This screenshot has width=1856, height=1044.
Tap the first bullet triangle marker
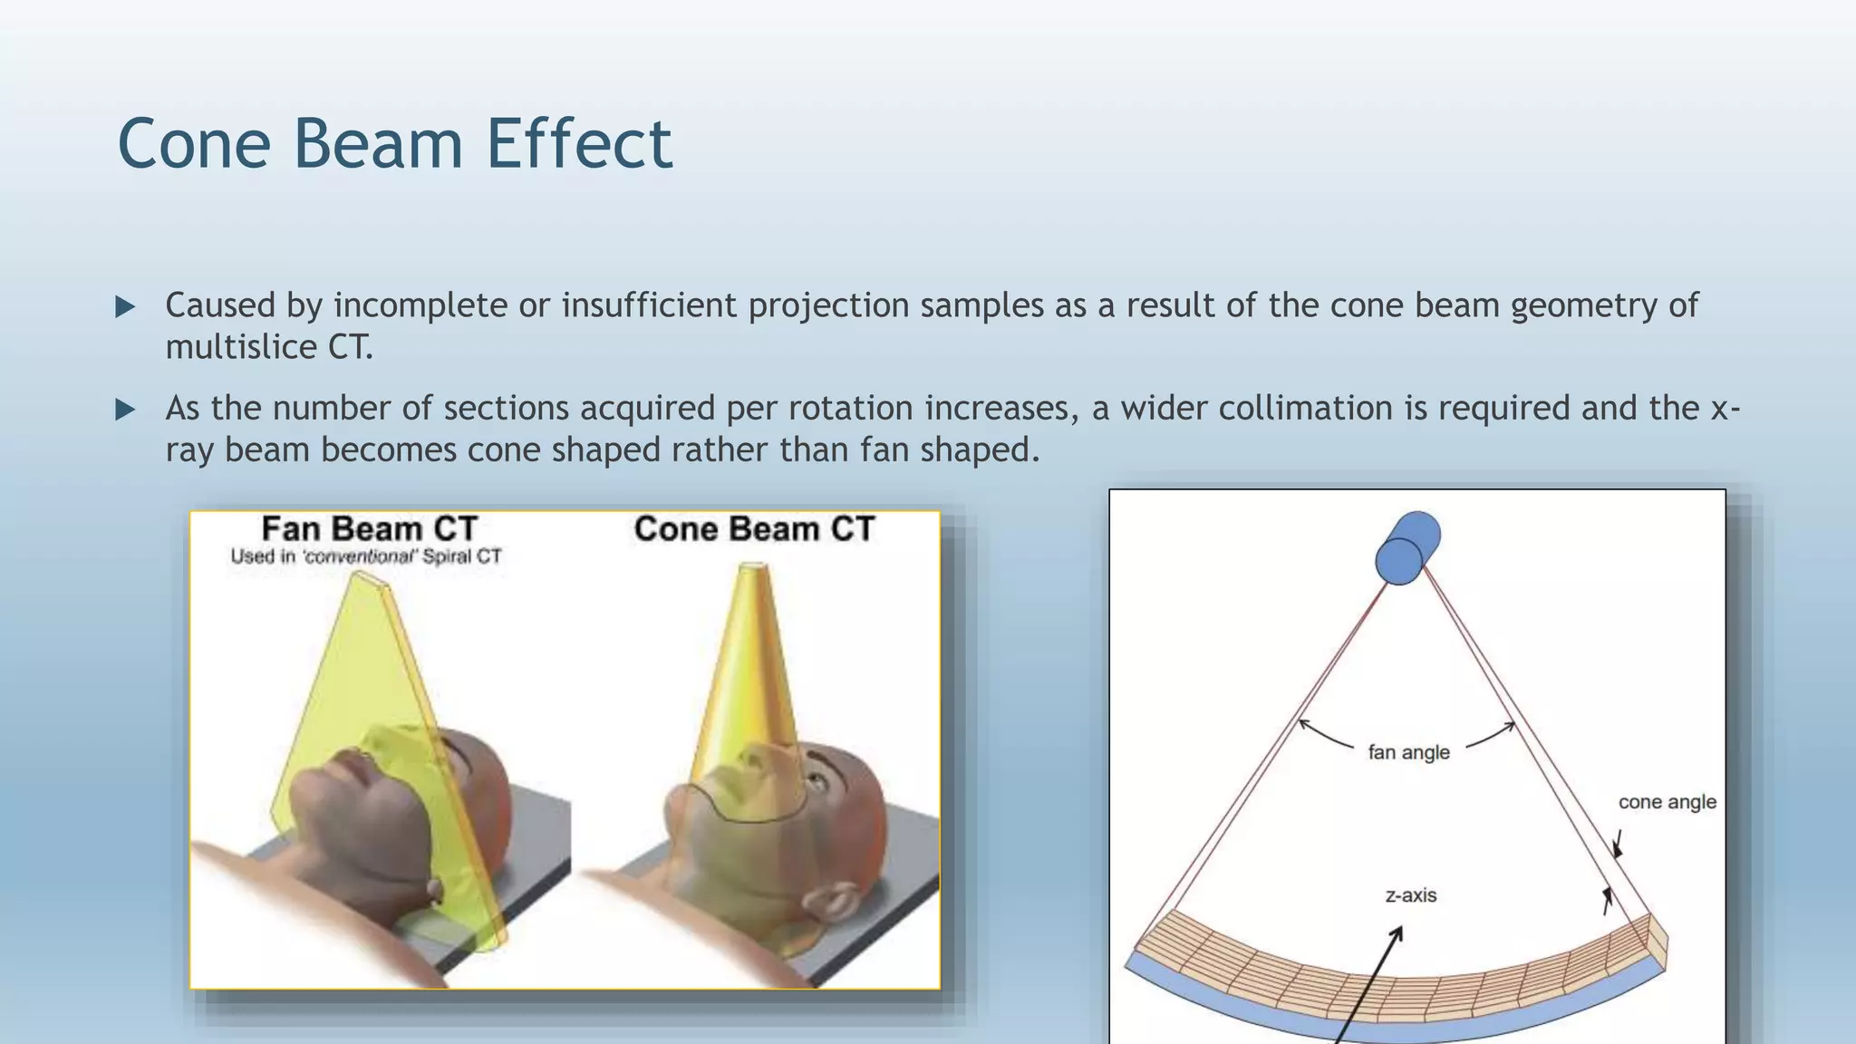coord(125,306)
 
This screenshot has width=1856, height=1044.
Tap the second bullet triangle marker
coord(125,410)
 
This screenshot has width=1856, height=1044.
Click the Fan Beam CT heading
coord(369,528)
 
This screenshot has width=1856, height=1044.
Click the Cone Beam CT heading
coord(754,528)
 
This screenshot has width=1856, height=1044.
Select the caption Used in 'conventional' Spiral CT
coord(365,556)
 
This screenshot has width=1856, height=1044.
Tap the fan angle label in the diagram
coord(1408,752)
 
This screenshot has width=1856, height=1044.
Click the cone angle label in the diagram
coord(1667,802)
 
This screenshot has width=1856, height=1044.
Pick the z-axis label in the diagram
coord(1411,895)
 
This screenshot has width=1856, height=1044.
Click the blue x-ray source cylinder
coord(1406,548)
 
